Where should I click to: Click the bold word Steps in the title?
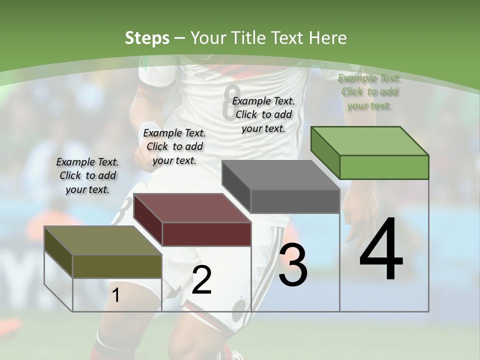(x=147, y=38)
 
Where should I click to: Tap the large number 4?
(x=381, y=250)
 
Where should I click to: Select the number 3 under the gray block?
(x=293, y=265)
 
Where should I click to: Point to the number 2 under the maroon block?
(x=201, y=280)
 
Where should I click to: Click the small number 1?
(x=116, y=295)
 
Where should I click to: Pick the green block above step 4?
(x=370, y=152)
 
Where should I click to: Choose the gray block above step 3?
(x=281, y=186)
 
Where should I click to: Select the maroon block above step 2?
(x=192, y=220)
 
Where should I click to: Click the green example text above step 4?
(x=369, y=92)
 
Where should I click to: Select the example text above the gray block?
(x=263, y=114)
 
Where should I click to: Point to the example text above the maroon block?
(x=174, y=146)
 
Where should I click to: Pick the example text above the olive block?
(x=87, y=175)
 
